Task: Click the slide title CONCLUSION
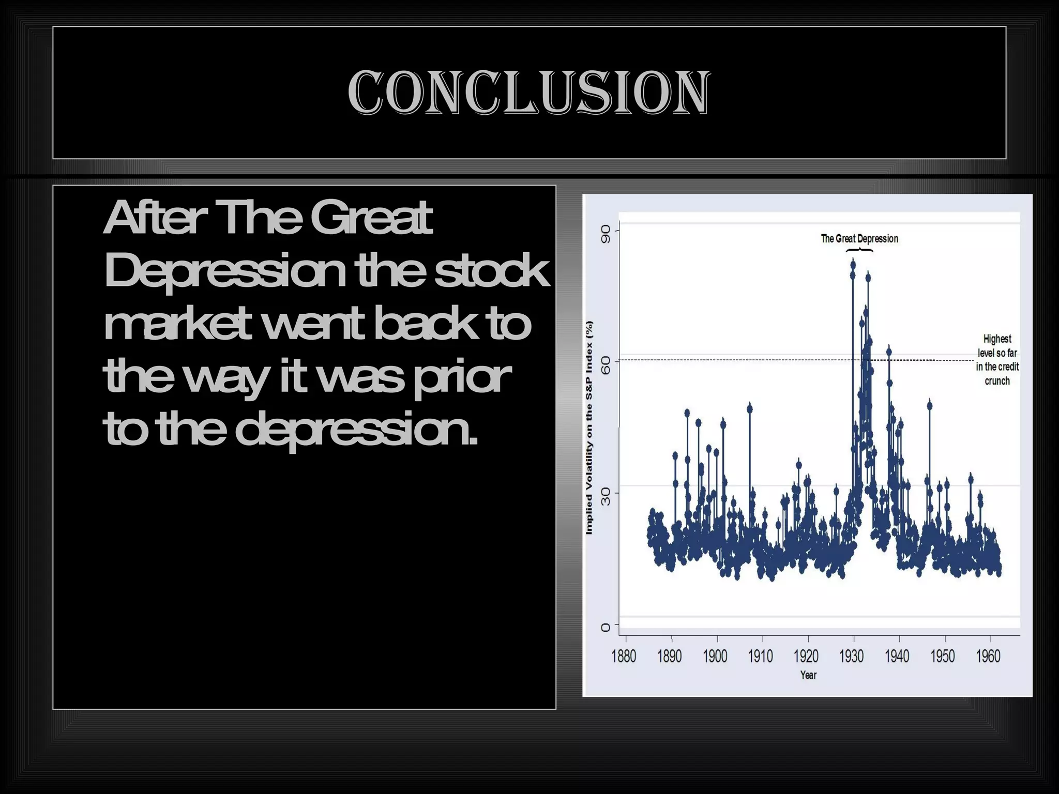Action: point(528,93)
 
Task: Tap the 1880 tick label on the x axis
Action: point(624,656)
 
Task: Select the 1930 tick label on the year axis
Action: point(851,656)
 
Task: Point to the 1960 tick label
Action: point(988,656)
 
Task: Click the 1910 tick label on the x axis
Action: point(760,656)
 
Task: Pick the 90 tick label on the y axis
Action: point(606,234)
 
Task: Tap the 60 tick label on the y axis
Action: point(606,366)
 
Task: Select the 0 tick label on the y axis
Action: point(606,628)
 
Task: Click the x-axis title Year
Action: point(808,675)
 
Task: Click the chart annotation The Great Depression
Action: point(859,238)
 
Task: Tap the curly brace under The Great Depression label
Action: point(859,251)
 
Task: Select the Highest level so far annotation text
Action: point(997,360)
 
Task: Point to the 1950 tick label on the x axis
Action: point(943,656)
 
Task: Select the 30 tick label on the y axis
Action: point(606,497)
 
